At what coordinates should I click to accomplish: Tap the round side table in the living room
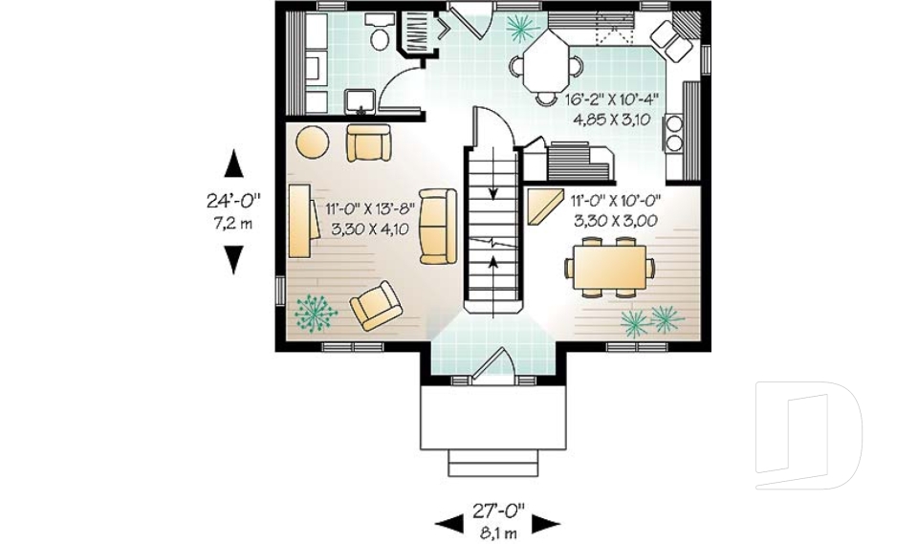[x=312, y=142]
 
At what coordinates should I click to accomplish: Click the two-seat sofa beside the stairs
[x=438, y=226]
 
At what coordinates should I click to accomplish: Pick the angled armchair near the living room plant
[x=376, y=306]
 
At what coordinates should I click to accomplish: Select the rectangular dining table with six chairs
[x=610, y=267]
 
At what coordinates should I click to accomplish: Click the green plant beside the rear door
[x=521, y=27]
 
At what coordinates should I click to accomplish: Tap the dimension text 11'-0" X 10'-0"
[x=616, y=202]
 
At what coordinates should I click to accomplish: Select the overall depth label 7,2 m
[x=233, y=224]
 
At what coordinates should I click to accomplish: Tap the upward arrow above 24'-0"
[x=233, y=164]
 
